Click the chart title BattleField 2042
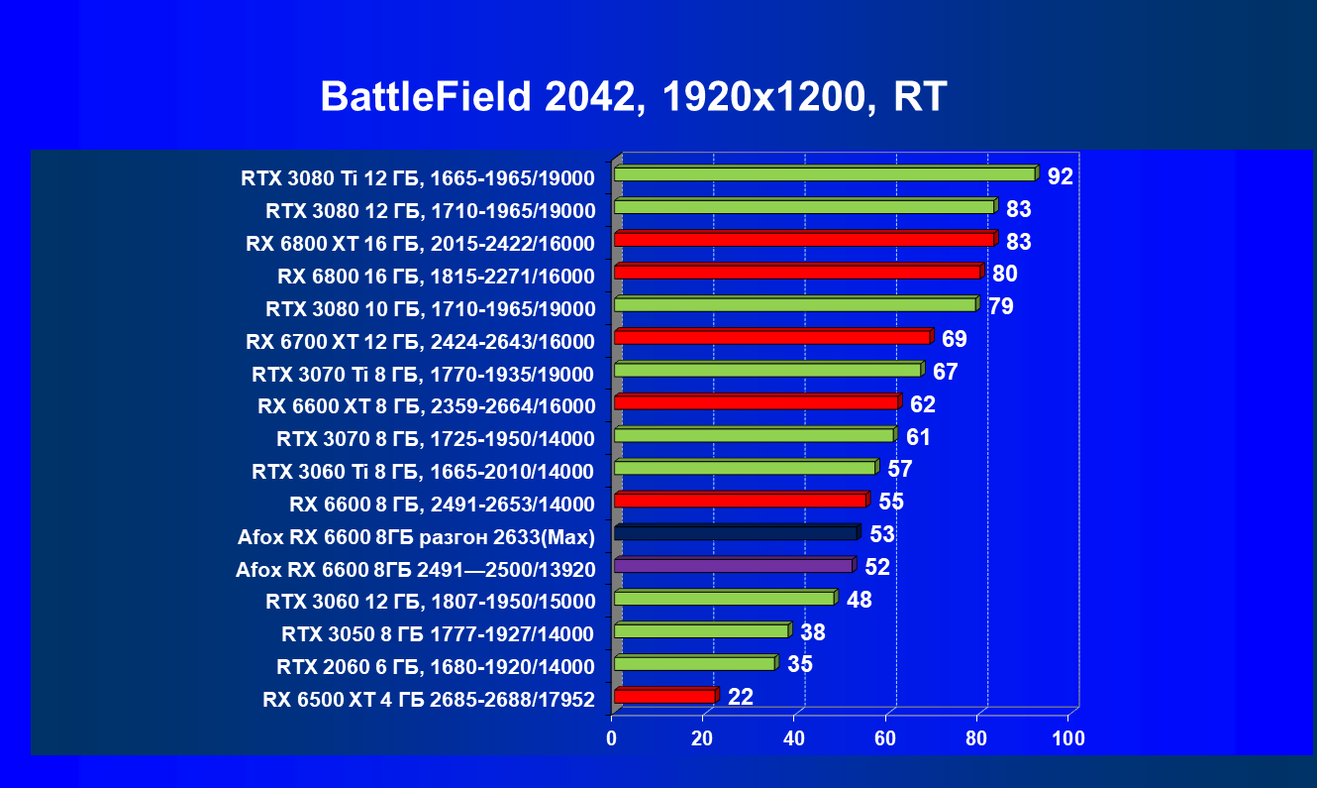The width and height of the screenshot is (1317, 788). click(634, 97)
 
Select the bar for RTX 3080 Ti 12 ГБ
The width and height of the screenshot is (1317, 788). click(824, 174)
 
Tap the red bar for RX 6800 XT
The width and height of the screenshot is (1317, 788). click(804, 240)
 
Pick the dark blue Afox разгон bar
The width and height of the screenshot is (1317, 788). click(736, 533)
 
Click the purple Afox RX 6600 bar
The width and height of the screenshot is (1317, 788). click(733, 566)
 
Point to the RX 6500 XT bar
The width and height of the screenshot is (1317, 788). click(664, 697)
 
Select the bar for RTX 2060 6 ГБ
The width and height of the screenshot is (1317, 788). click(694, 663)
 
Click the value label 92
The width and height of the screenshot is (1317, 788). click(1061, 176)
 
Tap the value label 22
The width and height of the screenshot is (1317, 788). click(741, 697)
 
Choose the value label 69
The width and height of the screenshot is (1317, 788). click(955, 339)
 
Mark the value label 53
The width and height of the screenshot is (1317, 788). click(882, 534)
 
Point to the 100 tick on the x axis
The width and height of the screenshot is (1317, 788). click(1068, 738)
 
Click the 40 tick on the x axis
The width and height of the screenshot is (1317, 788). click(794, 738)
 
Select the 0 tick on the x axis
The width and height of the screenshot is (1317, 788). click(612, 738)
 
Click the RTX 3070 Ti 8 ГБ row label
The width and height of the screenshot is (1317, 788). click(423, 374)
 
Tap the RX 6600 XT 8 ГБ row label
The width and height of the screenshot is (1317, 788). click(426, 406)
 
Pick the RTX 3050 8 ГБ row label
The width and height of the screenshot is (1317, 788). click(438, 634)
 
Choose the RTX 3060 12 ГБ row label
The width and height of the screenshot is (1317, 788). click(430, 602)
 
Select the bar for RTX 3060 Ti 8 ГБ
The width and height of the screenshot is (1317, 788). click(745, 468)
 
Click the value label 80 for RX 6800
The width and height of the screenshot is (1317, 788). click(1005, 274)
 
